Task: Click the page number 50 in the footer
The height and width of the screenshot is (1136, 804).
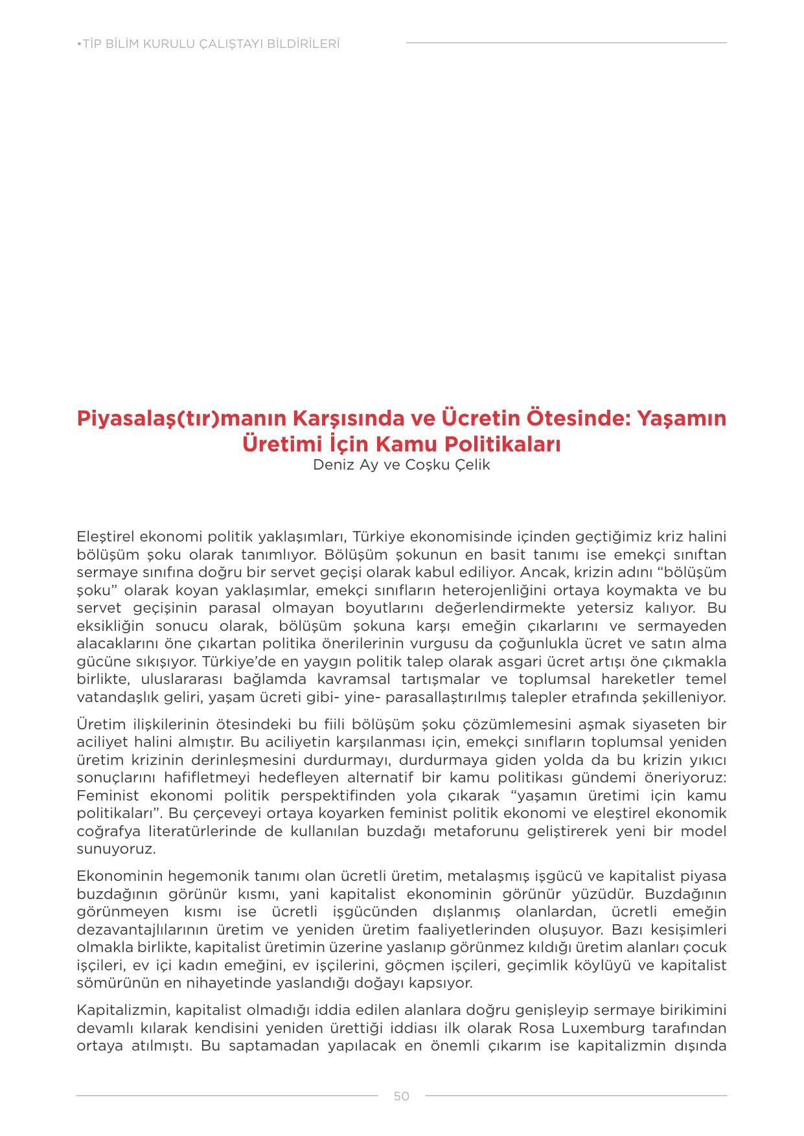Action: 401,1096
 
